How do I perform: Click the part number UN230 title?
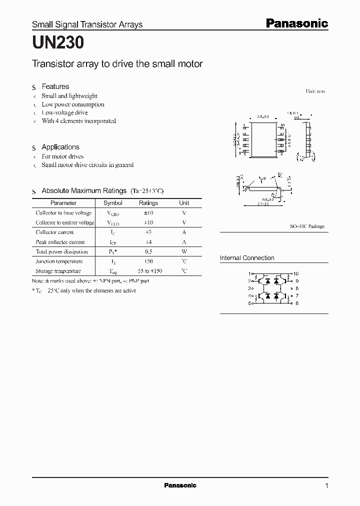coord(58,43)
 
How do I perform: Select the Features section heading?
coord(55,86)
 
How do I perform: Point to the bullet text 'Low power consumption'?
coord(73,104)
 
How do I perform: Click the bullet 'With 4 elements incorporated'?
coord(78,121)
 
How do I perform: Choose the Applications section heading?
coord(60,147)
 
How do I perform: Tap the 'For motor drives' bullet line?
coord(62,156)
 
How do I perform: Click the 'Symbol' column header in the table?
coord(112,203)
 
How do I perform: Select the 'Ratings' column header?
coord(148,203)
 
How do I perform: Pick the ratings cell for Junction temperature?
coord(148,261)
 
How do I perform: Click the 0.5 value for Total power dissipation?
coord(148,251)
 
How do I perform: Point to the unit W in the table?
coord(184,251)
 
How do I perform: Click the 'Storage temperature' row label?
coord(58,271)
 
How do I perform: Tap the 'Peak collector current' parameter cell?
coord(61,242)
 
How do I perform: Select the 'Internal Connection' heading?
coord(247,258)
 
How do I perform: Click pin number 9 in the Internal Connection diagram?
coord(296,281)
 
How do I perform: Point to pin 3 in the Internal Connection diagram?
coord(249,288)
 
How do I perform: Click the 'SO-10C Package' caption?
coord(307,226)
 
